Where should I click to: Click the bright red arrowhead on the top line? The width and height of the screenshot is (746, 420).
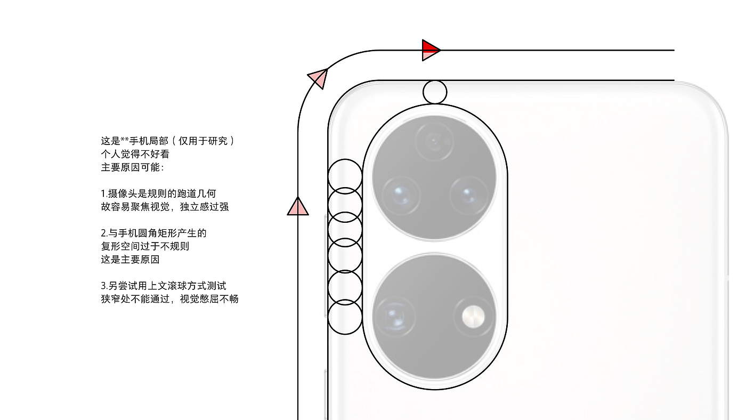point(429,50)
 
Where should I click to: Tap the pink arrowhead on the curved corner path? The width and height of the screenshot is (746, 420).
point(318,78)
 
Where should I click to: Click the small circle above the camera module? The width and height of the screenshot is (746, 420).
point(435,92)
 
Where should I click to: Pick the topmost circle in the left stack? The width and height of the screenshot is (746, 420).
point(345,176)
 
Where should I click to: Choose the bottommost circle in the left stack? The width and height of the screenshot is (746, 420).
point(345,318)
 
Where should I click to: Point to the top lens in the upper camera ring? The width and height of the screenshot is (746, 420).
point(434,142)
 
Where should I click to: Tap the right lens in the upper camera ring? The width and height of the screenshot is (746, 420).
point(468,195)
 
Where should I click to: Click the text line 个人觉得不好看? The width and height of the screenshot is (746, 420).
point(135,155)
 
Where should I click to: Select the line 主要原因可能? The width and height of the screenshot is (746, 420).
point(133,167)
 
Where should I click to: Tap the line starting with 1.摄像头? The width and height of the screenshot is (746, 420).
point(158,193)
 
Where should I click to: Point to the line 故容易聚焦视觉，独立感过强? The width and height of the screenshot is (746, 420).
point(165,207)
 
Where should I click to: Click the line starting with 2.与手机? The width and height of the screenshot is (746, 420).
point(153,233)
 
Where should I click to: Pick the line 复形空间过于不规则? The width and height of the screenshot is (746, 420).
point(145,246)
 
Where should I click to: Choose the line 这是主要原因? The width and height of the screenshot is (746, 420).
point(130,260)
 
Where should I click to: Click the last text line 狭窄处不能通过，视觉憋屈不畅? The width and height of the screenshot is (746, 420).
point(169,299)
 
